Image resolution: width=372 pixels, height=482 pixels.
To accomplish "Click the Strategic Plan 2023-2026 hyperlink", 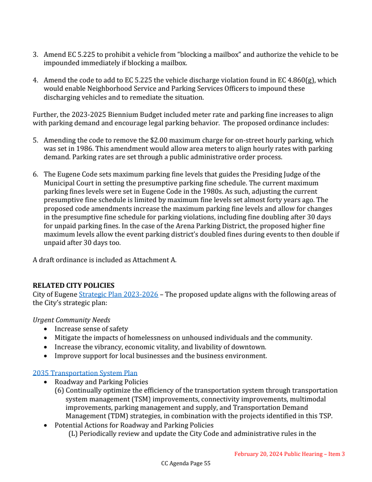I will pos(118,294).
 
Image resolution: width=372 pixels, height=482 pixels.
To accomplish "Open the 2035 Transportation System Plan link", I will pos(85,373).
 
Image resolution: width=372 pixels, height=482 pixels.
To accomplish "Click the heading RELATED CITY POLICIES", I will pos(73,285).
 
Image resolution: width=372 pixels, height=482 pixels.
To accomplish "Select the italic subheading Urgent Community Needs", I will pos(71,320).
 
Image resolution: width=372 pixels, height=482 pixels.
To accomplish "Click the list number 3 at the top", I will pos(35,54).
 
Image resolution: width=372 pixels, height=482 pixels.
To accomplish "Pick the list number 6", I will pos(35,174).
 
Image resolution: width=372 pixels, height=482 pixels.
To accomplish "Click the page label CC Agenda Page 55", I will pos(186,463).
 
